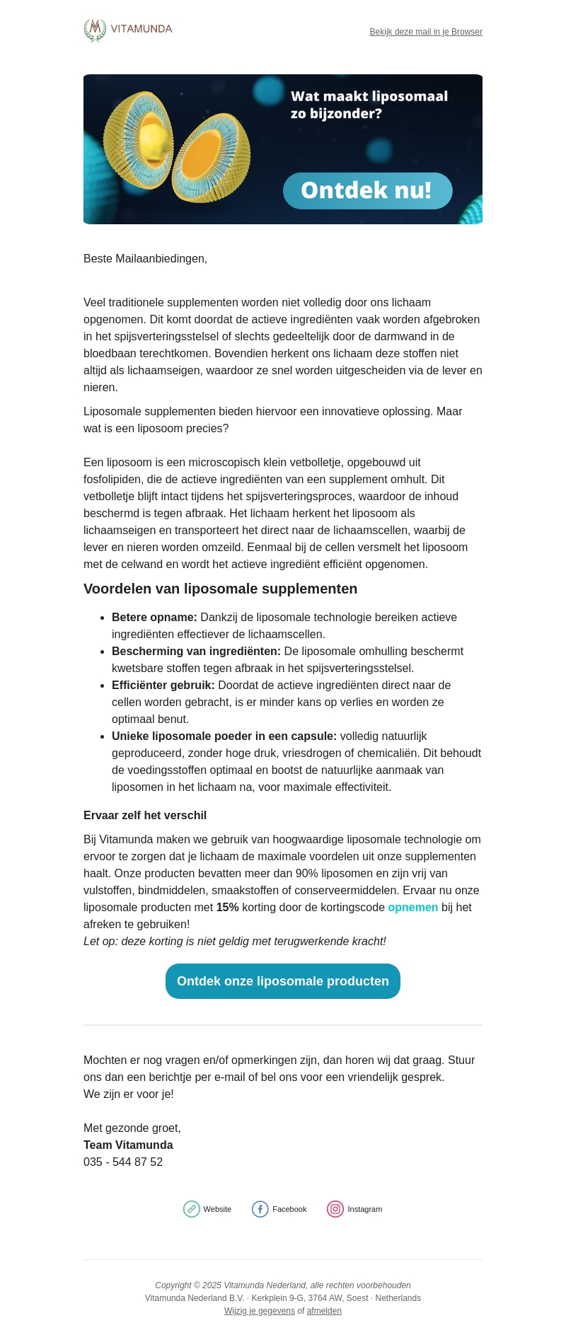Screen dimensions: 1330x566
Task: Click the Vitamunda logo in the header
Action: [x=128, y=30]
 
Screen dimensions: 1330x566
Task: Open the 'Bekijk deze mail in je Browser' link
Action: [x=426, y=32]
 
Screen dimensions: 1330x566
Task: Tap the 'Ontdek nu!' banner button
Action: [x=367, y=190]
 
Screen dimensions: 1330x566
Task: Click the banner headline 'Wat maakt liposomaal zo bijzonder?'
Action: [x=369, y=105]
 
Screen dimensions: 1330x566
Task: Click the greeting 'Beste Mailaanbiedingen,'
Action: [x=145, y=259]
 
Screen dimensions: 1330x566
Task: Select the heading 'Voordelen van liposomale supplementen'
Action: [x=220, y=589]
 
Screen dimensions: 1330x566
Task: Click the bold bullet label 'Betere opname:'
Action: [x=154, y=618]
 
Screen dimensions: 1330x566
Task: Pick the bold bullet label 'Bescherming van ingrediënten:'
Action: [x=196, y=652]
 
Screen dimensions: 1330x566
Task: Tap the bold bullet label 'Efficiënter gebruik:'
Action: [x=163, y=686]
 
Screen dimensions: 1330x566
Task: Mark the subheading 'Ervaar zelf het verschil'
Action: [x=145, y=816]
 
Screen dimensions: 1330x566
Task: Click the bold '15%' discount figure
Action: [x=227, y=908]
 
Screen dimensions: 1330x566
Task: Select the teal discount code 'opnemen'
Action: [x=413, y=908]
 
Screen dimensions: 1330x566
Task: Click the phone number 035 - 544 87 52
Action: [x=123, y=1162]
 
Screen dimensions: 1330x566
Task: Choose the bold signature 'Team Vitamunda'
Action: [x=128, y=1145]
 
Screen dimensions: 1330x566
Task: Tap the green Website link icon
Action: [x=192, y=1209]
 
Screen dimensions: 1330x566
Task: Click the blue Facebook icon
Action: [x=260, y=1209]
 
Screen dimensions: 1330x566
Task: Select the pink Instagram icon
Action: [x=335, y=1209]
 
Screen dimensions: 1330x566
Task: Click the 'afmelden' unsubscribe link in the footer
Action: [x=324, y=1311]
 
